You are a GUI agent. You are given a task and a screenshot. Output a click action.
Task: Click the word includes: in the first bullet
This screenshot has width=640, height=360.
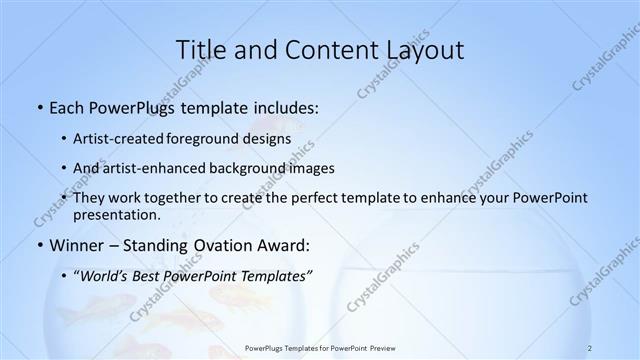click(x=283, y=107)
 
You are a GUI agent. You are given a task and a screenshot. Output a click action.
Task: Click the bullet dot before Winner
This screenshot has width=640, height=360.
click(x=39, y=245)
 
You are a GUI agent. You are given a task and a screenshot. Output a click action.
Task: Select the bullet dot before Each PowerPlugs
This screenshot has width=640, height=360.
click(x=39, y=107)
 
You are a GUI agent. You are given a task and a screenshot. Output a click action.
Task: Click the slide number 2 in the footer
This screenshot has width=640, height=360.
click(x=590, y=347)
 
